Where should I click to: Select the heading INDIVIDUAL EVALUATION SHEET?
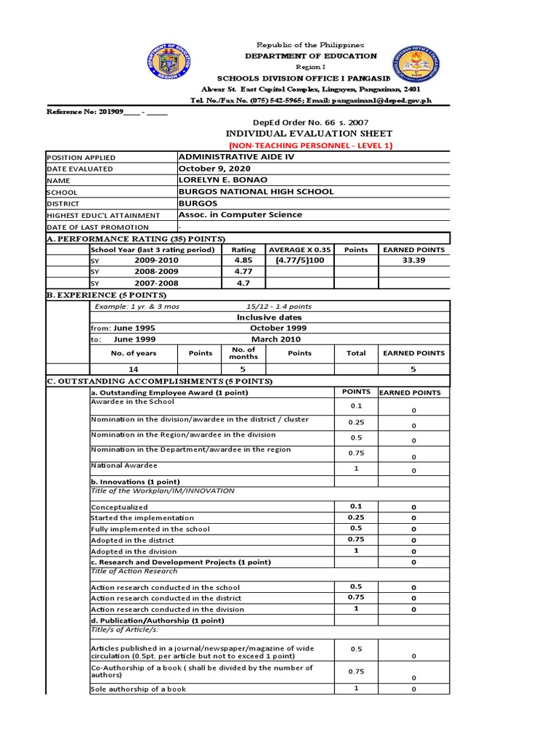[310, 134]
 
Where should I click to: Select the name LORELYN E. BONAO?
[223, 180]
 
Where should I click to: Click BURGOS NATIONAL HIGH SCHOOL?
[256, 192]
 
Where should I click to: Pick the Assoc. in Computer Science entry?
[240, 215]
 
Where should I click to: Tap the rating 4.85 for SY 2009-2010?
[243, 260]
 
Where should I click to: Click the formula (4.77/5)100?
[299, 260]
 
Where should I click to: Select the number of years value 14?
[133, 369]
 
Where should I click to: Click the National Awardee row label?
[124, 465]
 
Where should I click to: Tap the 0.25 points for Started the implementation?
[356, 518]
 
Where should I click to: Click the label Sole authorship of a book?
[138, 689]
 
